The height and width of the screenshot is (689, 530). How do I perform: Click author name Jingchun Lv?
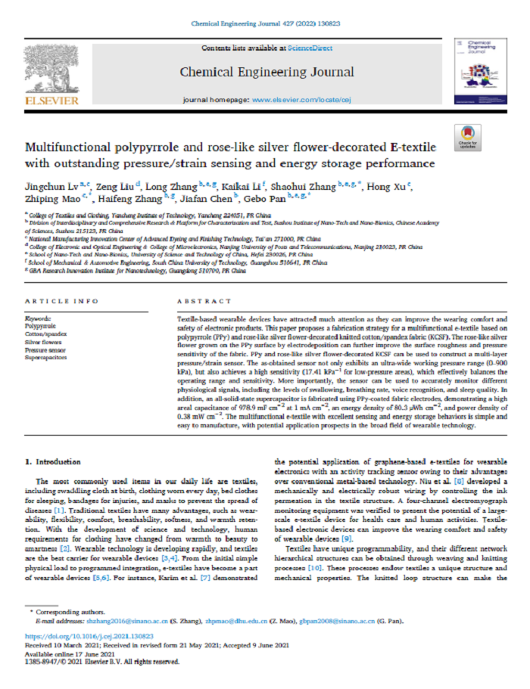click(47, 185)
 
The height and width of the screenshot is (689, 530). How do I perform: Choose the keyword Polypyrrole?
click(41, 326)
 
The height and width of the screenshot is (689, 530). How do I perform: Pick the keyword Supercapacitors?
click(47, 356)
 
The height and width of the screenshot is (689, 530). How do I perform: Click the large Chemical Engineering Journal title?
click(267, 73)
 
